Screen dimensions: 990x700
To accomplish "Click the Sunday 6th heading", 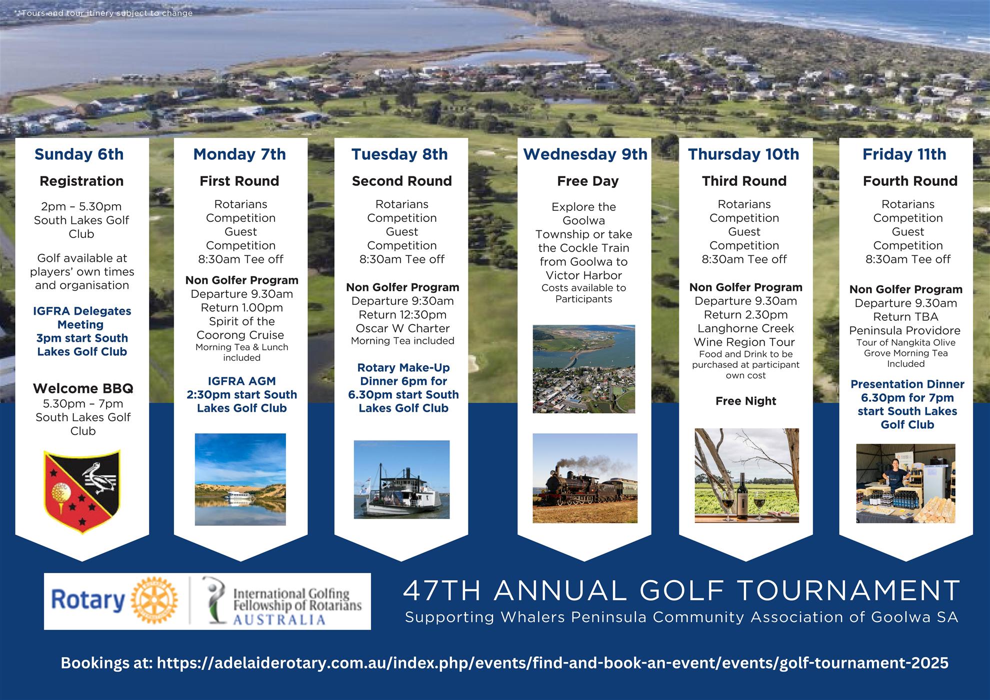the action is coord(79,154).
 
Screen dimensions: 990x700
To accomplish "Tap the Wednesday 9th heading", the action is coord(585,154).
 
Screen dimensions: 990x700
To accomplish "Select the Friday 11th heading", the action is coord(904,154).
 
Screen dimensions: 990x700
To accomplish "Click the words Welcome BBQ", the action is coord(83,388).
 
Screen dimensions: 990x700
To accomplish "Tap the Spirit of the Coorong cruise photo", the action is coord(240,479).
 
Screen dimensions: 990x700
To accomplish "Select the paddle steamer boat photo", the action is coord(401,479).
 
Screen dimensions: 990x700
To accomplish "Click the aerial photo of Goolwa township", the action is coord(583,369).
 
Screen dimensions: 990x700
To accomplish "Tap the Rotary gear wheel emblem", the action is coord(154,601).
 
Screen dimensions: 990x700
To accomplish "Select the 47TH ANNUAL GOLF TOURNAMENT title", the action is coord(681,591).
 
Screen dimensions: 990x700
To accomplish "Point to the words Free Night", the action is coord(745,401).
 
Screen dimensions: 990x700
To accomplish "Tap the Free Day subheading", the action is coord(587,181).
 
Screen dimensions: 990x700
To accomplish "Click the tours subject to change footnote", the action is coord(104,13).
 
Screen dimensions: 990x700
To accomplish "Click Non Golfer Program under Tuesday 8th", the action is coord(402,287).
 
